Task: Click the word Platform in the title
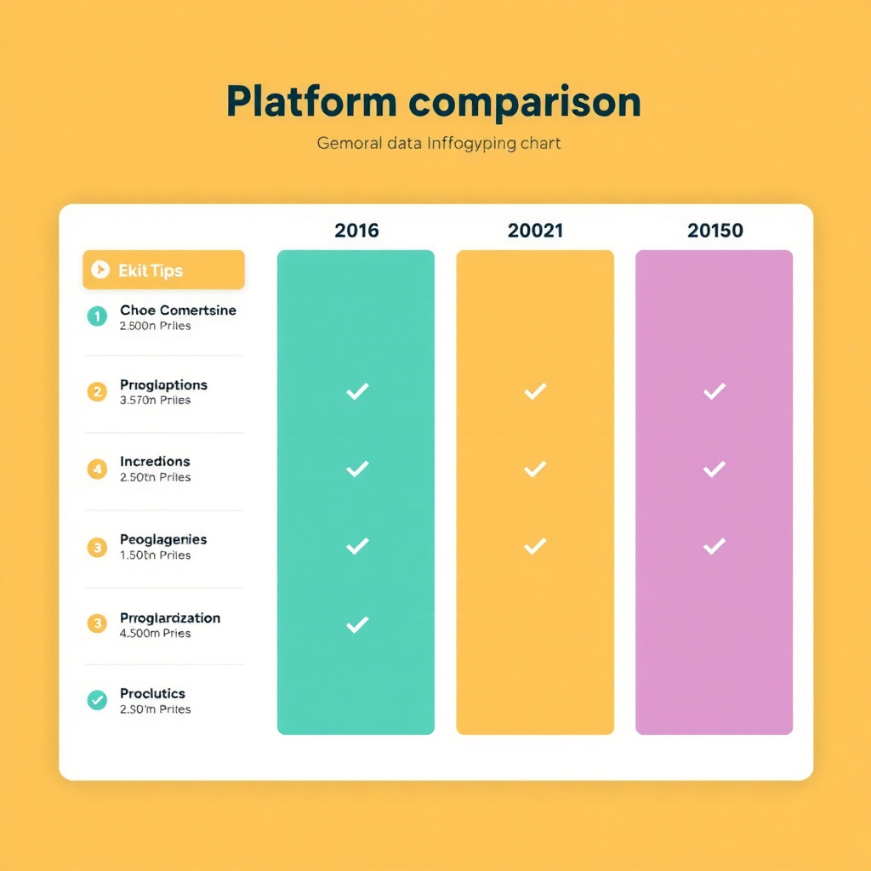(311, 102)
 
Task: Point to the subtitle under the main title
(439, 143)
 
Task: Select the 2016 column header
(356, 230)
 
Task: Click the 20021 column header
(535, 230)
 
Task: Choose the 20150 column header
(714, 230)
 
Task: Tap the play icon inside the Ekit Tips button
(100, 270)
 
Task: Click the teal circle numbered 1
(97, 316)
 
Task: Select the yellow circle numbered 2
(97, 392)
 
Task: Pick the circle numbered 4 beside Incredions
(97, 469)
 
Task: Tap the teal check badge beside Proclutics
(97, 700)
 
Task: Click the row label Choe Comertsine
(178, 310)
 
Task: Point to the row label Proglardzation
(170, 618)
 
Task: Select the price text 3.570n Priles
(156, 401)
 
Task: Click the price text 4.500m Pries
(156, 634)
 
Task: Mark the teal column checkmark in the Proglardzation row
(357, 625)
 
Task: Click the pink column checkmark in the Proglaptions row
(714, 391)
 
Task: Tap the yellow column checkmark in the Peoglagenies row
(535, 546)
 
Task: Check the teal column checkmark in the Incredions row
(357, 469)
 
